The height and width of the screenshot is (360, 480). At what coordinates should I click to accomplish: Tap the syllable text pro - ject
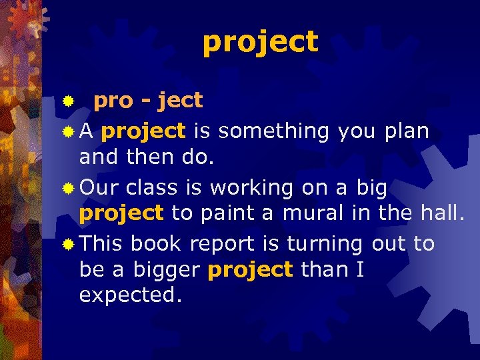coord(148,101)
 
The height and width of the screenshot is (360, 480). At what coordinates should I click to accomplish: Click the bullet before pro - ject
coord(67,102)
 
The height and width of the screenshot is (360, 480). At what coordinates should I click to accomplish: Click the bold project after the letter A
coord(143,131)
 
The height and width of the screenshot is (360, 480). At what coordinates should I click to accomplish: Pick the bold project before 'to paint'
coord(121,213)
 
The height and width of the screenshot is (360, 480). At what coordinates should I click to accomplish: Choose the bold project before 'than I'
coord(251,270)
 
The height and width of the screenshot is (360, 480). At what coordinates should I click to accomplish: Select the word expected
coord(131,295)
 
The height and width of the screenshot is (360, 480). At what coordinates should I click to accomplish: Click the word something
coord(273,131)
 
